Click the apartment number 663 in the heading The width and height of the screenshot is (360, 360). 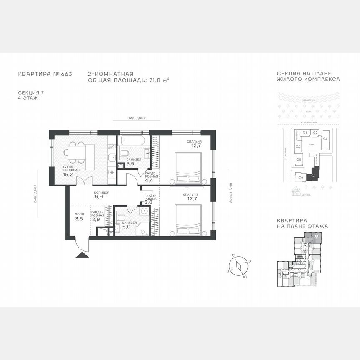point(66,74)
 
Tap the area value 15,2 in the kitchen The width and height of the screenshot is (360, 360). point(67,175)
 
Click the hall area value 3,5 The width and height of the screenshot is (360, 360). point(79,218)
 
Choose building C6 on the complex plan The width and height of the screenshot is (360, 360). point(301,177)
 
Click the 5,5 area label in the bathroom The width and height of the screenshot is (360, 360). point(130,164)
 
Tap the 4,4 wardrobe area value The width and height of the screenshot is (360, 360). point(149,180)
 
